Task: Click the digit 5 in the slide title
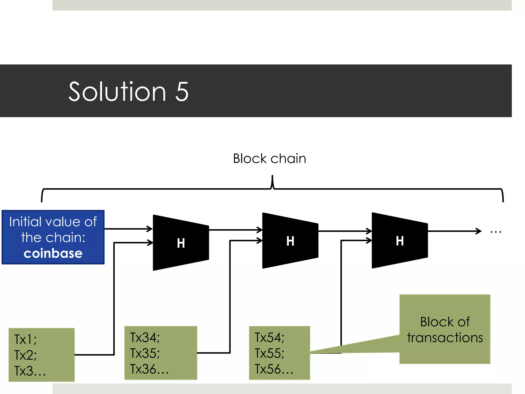(182, 92)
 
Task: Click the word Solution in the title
(117, 92)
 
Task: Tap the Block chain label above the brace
(269, 159)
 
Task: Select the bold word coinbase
(53, 253)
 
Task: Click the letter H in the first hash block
(181, 243)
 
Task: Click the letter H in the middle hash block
(290, 241)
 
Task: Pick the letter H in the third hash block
(400, 241)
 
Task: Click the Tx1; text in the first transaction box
(25, 339)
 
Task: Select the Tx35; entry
(145, 353)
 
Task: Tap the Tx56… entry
(274, 369)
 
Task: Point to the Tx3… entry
(30, 371)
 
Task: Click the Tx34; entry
(145, 337)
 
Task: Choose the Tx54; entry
(269, 337)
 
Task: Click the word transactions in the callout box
(445, 338)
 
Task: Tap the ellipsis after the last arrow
(496, 232)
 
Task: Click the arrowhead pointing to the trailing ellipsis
(478, 231)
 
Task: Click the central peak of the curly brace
(272, 180)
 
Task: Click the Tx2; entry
(25, 355)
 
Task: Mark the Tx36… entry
(149, 369)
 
